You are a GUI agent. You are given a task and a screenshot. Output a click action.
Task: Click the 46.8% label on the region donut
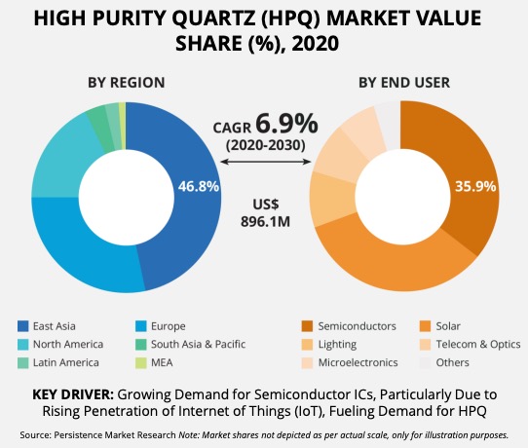199,186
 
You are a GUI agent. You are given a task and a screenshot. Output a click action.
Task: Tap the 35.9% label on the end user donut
475,186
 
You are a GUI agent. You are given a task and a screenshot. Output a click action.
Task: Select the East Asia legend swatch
23,326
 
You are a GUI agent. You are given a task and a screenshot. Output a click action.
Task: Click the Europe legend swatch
141,326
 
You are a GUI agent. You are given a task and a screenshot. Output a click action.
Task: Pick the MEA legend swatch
141,363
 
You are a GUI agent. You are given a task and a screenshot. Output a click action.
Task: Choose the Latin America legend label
66,362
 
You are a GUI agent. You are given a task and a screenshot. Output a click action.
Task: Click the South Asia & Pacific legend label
198,345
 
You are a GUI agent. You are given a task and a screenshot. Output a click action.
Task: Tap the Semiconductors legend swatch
308,326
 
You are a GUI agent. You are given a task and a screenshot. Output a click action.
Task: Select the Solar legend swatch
426,326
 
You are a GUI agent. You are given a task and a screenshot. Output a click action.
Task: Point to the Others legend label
452,362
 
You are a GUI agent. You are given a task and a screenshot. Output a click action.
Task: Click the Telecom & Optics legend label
478,345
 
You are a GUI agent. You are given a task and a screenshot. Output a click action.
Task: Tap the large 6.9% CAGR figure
286,124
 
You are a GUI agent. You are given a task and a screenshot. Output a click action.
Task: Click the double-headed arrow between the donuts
266,162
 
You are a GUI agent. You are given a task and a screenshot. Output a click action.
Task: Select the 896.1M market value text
265,222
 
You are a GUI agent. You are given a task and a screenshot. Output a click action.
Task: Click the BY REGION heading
127,83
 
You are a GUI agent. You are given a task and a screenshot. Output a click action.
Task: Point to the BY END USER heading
404,83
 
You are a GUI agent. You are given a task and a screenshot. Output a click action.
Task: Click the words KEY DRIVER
73,394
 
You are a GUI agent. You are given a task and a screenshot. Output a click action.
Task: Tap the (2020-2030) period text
266,145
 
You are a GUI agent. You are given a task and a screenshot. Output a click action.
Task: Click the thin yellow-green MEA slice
123,126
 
